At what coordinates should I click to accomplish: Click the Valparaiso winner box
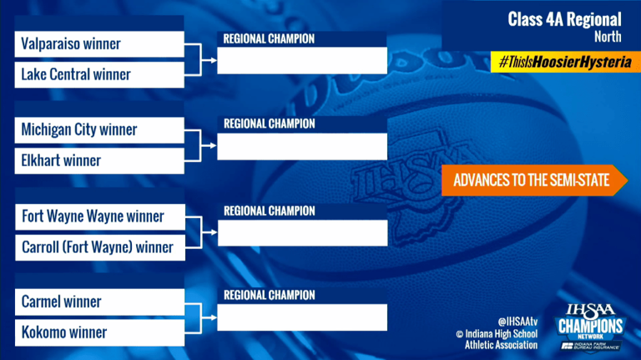click(x=99, y=44)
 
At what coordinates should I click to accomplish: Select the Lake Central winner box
click(x=99, y=74)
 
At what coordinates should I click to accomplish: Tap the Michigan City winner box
click(x=99, y=129)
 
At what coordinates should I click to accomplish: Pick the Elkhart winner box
click(x=99, y=160)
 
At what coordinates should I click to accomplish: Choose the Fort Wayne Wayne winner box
click(x=99, y=216)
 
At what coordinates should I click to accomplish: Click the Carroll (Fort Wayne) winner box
click(x=99, y=246)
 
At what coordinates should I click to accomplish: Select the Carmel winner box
click(x=99, y=302)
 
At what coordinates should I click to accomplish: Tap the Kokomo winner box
click(x=99, y=332)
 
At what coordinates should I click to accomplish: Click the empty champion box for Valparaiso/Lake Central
click(x=302, y=60)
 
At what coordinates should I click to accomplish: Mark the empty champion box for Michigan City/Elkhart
click(x=302, y=146)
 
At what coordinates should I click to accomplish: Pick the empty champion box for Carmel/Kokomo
click(x=302, y=317)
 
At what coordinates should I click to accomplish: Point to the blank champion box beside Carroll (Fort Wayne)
click(x=302, y=232)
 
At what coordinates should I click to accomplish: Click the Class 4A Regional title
click(x=564, y=19)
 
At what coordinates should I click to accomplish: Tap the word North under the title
click(x=608, y=38)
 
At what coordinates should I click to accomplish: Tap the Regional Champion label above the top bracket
click(x=269, y=38)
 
